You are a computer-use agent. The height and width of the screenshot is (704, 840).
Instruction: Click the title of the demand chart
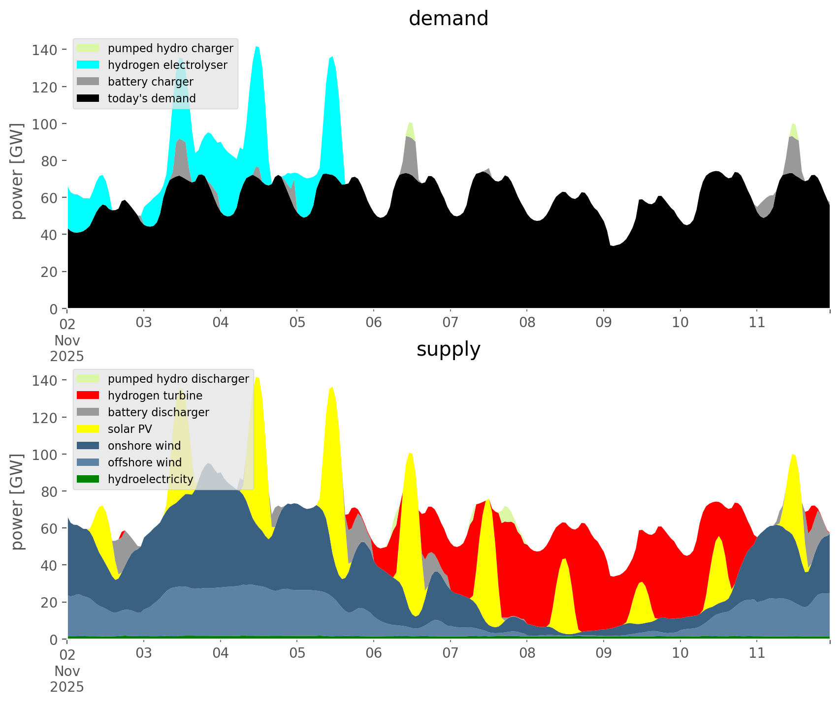click(x=448, y=19)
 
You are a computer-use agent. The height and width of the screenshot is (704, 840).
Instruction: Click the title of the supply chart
click(x=448, y=349)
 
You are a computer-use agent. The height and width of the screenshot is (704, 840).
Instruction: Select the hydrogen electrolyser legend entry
click(x=167, y=65)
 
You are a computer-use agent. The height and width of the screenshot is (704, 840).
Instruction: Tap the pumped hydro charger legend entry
click(x=170, y=48)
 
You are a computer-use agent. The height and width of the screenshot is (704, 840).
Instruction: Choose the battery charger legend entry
click(x=150, y=82)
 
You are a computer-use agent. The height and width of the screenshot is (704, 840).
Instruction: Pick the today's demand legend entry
click(x=152, y=98)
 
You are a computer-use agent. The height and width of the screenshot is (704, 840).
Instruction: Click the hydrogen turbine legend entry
click(x=155, y=396)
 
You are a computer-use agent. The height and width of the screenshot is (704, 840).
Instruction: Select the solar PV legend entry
click(x=129, y=429)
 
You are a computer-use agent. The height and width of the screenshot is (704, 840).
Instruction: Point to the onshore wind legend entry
click(x=144, y=446)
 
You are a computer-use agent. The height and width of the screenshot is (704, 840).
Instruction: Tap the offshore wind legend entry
click(x=144, y=462)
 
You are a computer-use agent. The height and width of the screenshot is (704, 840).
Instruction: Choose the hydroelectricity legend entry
click(x=150, y=479)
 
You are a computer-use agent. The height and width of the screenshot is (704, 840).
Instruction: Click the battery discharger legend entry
click(x=158, y=412)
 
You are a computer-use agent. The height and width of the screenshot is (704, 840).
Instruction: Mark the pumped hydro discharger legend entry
click(x=178, y=379)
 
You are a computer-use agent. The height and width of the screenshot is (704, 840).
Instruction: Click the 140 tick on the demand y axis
click(x=45, y=50)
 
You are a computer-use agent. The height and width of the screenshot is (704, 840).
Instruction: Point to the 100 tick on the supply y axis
click(x=45, y=455)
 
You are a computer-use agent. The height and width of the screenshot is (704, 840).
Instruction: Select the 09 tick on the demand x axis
click(x=604, y=323)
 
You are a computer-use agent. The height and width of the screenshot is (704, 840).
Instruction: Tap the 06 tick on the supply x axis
click(x=374, y=653)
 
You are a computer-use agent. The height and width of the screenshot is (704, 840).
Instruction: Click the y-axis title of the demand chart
click(x=17, y=171)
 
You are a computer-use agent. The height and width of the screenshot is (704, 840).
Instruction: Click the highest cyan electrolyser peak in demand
click(x=257, y=48)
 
